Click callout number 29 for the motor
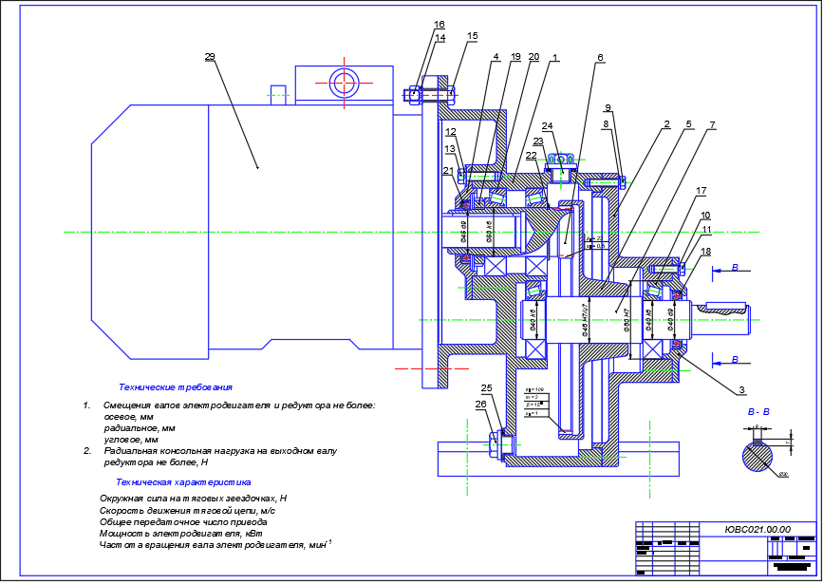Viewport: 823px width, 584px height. (x=210, y=57)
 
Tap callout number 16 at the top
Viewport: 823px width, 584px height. (x=439, y=25)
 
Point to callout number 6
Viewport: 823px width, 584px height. (x=600, y=57)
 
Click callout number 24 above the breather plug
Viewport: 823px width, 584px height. (x=547, y=125)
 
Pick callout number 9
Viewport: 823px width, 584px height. (x=608, y=106)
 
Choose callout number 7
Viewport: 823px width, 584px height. (x=712, y=124)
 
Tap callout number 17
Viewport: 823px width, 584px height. (x=701, y=191)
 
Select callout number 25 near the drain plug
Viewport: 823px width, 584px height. (x=487, y=388)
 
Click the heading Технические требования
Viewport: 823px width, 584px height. (x=176, y=387)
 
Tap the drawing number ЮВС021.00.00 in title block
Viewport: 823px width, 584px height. (x=757, y=530)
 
